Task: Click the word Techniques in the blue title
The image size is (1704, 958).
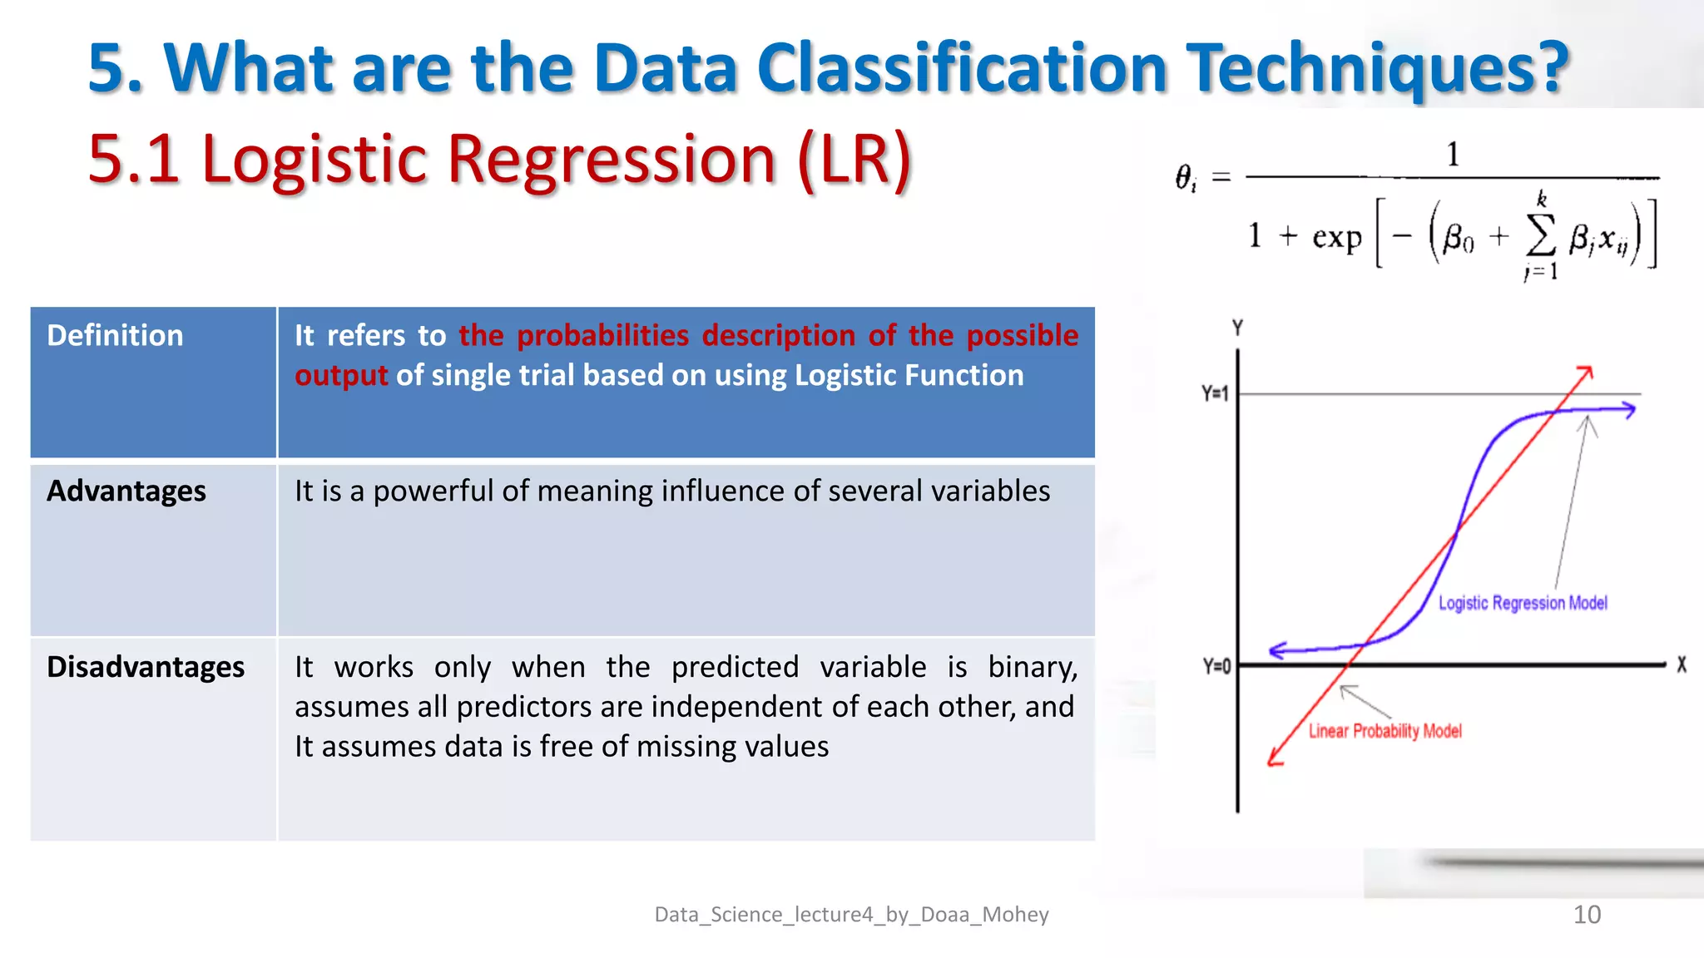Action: click(x=1377, y=68)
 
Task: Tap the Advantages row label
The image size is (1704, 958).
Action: click(x=126, y=491)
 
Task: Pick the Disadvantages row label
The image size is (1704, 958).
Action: click(x=146, y=667)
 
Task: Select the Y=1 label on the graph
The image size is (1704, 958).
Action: click(x=1215, y=393)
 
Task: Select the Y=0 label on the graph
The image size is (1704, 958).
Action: click(x=1216, y=666)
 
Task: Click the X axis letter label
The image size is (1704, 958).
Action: click(x=1681, y=664)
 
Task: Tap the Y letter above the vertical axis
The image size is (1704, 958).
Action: click(x=1237, y=328)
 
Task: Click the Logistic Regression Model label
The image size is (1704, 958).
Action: click(x=1523, y=603)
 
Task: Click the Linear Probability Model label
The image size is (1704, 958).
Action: click(x=1384, y=731)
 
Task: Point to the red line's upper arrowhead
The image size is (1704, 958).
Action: click(x=1586, y=371)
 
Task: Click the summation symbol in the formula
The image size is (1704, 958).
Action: click(x=1541, y=237)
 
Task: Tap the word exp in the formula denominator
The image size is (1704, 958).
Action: click(x=1336, y=238)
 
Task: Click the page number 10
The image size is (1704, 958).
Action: click(x=1587, y=915)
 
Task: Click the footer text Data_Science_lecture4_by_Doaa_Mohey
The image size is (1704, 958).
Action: click(x=851, y=915)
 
